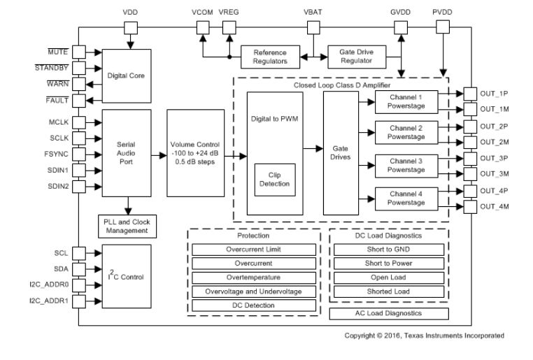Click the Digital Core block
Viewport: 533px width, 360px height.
click(127, 75)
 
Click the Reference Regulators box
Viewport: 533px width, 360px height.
click(269, 56)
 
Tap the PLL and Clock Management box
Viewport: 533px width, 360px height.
click(127, 226)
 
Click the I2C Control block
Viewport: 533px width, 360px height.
click(127, 276)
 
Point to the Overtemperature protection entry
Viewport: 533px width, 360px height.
click(253, 277)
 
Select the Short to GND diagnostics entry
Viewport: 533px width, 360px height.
click(389, 249)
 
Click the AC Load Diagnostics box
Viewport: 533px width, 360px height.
click(389, 314)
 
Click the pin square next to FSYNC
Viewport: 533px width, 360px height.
click(78, 153)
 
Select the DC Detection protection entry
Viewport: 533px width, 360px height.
click(253, 305)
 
